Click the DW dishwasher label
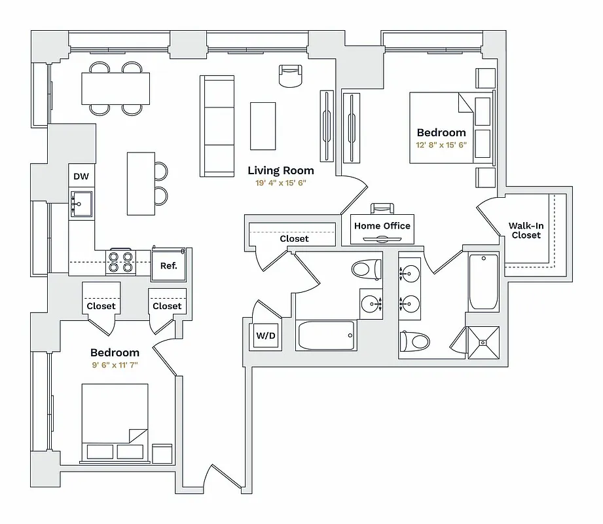[81, 176]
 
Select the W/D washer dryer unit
[265, 336]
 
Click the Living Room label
[280, 170]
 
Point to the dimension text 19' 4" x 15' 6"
[280, 183]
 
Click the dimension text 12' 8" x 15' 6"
[441, 145]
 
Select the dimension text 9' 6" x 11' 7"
[115, 365]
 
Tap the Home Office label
[382, 226]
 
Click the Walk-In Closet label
[526, 231]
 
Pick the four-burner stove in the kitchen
[120, 262]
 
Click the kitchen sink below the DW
[81, 204]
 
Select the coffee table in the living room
[263, 126]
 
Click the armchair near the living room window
[291, 76]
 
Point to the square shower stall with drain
[483, 342]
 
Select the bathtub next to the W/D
[326, 335]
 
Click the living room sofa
[217, 125]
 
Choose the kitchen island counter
[140, 183]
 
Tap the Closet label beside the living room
[294, 239]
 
